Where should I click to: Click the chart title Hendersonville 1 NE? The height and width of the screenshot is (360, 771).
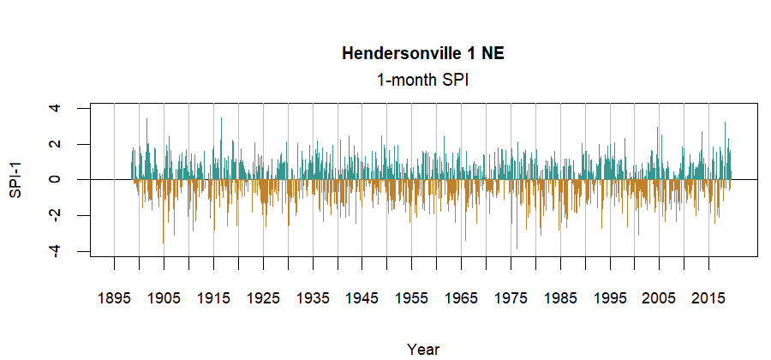click(423, 53)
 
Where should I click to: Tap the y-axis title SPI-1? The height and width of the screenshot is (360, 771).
click(15, 180)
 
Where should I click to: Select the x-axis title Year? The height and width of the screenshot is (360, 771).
click(423, 348)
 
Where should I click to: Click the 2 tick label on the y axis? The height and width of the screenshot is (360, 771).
click(56, 144)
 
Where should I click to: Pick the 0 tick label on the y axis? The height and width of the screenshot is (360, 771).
click(56, 180)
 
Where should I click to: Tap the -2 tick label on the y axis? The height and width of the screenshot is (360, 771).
click(56, 214)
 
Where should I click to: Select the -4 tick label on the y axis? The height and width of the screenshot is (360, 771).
click(56, 250)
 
